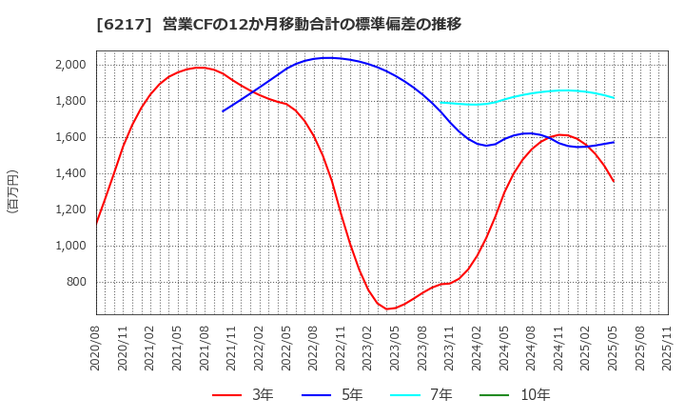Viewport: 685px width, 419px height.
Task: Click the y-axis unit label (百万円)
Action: tap(13, 190)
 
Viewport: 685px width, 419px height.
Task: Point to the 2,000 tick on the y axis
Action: tap(70, 65)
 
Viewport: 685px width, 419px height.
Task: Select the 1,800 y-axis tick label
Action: tap(70, 101)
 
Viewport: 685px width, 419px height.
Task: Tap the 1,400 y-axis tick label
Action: tap(70, 173)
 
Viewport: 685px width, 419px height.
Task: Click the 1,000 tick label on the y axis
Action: tap(70, 246)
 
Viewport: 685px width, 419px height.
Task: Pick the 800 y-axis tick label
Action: tap(76, 282)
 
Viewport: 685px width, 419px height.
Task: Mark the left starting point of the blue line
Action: tap(224, 111)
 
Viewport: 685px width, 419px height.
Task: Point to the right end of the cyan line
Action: tap(614, 97)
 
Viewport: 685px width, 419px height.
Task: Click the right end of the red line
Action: tap(614, 181)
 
